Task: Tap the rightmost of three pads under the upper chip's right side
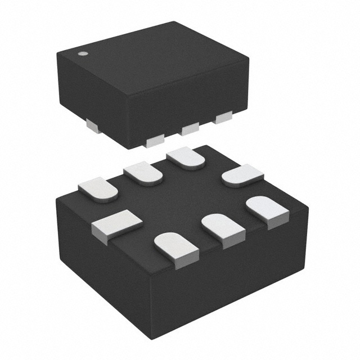(223, 118)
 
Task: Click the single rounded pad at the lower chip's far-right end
(242, 176)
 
